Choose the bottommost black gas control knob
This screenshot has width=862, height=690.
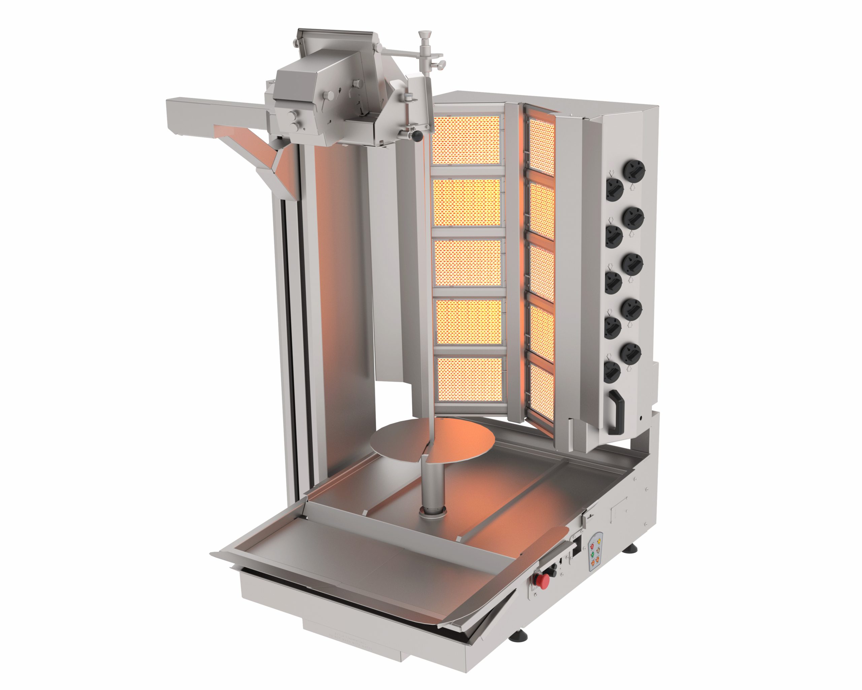(612, 372)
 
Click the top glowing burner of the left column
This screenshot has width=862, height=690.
(466, 140)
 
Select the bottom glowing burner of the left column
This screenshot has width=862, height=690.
(470, 380)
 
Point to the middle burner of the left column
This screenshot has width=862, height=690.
(468, 262)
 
